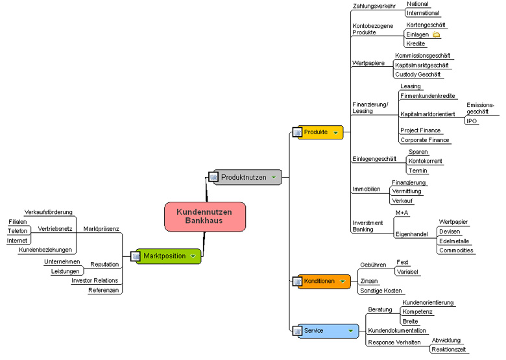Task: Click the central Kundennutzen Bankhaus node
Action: [x=206, y=217]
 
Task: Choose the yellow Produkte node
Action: [x=319, y=132]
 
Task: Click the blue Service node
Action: [x=324, y=331]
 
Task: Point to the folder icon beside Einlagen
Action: [x=436, y=34]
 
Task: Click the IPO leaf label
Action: [x=472, y=121]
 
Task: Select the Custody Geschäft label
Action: [x=418, y=75]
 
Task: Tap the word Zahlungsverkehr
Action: [x=374, y=6]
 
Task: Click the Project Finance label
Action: [x=420, y=130]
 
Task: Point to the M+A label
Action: [x=402, y=212]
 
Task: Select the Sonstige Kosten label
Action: [x=381, y=291]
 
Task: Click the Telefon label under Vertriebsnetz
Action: [x=18, y=231]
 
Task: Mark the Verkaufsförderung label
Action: [x=48, y=212]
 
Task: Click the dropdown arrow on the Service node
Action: [x=350, y=331]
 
